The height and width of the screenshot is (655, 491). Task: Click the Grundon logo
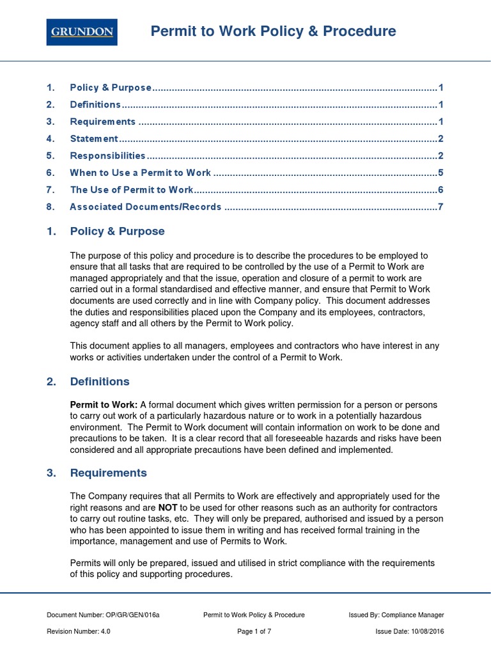81,31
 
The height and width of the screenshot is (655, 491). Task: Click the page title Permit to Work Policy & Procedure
273,31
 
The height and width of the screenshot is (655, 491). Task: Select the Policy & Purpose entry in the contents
111,88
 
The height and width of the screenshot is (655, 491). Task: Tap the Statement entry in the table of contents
94,139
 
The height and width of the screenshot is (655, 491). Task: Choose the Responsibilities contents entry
107,155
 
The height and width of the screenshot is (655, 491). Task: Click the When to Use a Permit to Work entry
140,173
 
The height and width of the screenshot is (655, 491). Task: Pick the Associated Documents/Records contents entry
145,207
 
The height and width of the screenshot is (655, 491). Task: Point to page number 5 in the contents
440,173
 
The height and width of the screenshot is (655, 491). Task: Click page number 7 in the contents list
440,207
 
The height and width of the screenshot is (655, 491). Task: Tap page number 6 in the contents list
440,190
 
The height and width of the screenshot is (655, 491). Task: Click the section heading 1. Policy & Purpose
117,232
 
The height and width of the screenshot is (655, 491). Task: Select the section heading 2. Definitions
100,382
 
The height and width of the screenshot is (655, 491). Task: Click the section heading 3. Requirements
108,473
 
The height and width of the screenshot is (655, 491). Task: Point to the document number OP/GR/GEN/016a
132,615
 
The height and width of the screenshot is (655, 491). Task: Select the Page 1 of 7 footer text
254,631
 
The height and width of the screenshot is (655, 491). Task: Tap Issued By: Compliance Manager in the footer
396,615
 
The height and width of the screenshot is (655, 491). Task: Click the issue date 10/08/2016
427,631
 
